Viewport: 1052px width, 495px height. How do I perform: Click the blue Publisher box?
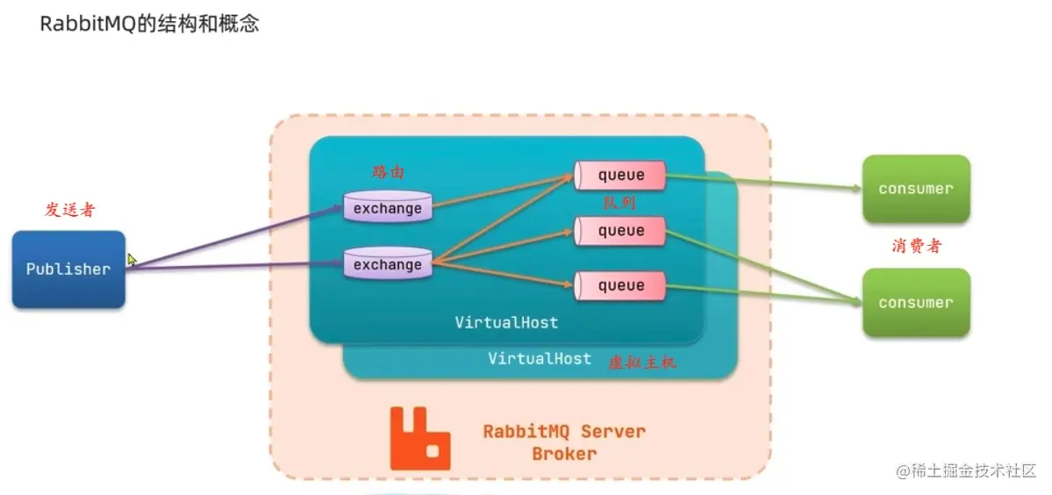pyautogui.click(x=68, y=269)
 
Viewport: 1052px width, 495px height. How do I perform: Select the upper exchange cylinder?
pyautogui.click(x=388, y=207)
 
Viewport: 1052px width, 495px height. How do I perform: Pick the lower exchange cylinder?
pyautogui.click(x=388, y=264)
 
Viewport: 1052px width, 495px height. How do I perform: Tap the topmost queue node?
pyautogui.click(x=620, y=175)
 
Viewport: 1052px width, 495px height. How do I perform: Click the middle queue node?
pyautogui.click(x=620, y=231)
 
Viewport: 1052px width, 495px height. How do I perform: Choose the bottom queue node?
pyautogui.click(x=620, y=285)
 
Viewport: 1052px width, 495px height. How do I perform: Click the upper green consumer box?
pyautogui.click(x=915, y=189)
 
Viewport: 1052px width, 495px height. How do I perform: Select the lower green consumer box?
pyautogui.click(x=915, y=303)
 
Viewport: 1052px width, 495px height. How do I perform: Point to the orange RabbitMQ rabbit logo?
pyautogui.click(x=420, y=437)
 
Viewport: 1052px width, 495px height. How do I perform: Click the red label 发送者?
pyautogui.click(x=69, y=210)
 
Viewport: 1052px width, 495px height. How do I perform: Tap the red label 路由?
pyautogui.click(x=389, y=172)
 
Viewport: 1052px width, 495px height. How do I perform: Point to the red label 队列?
pyautogui.click(x=619, y=203)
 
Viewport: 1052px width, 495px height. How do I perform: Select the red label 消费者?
pyautogui.click(x=916, y=246)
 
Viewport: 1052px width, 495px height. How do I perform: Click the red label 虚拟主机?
pyautogui.click(x=642, y=362)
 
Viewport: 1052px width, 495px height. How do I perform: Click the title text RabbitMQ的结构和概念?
pyautogui.click(x=149, y=24)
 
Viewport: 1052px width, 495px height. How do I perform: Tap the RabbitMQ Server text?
pyautogui.click(x=564, y=432)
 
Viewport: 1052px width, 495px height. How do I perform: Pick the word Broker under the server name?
pyautogui.click(x=564, y=454)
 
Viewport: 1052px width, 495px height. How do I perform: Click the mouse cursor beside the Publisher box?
pyautogui.click(x=132, y=260)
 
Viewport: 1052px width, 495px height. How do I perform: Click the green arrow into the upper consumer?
pyautogui.click(x=763, y=183)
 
